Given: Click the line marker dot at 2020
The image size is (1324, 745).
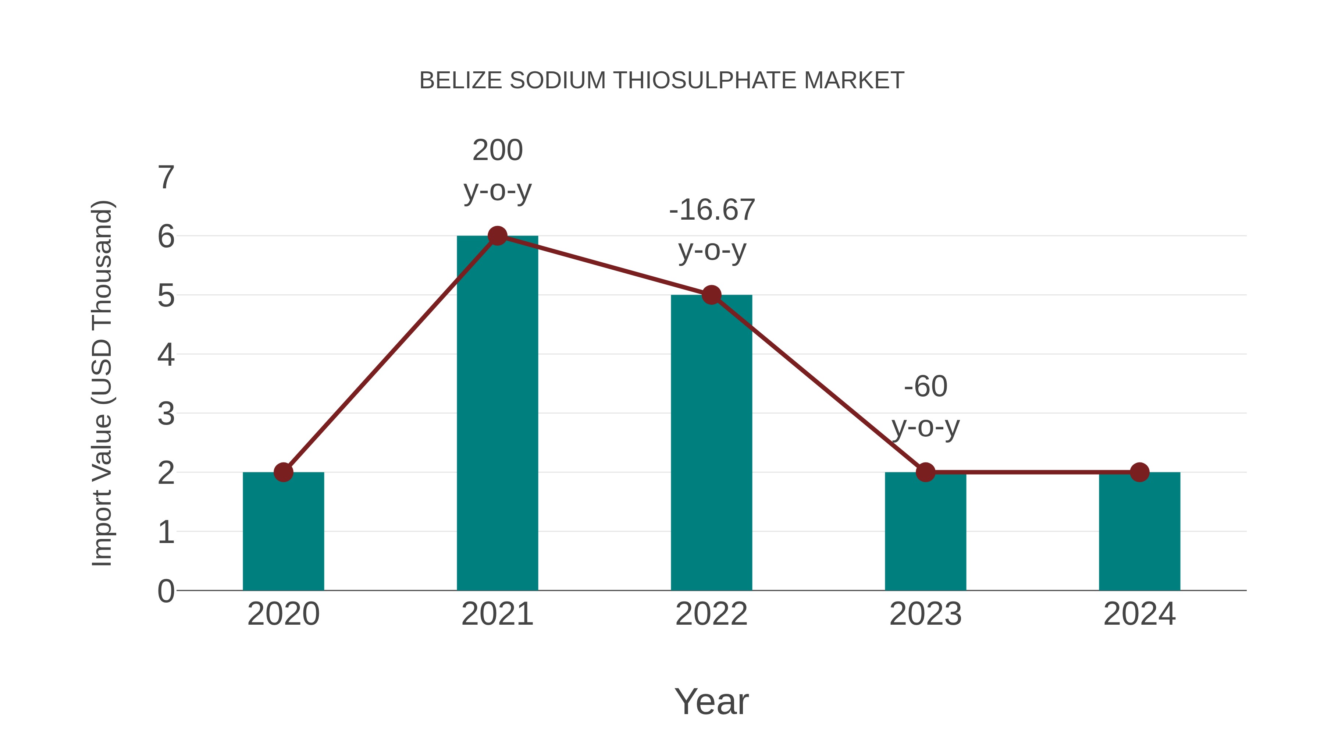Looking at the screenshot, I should coord(283,472).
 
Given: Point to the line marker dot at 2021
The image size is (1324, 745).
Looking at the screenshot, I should coord(497,236).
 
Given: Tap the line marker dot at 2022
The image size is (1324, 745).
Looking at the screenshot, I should coord(711,295).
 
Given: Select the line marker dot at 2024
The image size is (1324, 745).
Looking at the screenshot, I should coord(1139,472).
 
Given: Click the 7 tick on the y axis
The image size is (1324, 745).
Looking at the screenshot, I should coord(166,178).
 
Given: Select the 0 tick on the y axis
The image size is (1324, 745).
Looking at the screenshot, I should coord(166,591).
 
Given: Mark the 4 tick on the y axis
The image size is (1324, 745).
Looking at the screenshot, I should coord(166,355).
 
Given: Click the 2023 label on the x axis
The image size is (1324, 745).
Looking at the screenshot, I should coord(925,614).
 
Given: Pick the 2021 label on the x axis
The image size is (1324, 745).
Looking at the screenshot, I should coord(497,614).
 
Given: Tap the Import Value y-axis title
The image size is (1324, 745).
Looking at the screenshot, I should coord(102,384).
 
